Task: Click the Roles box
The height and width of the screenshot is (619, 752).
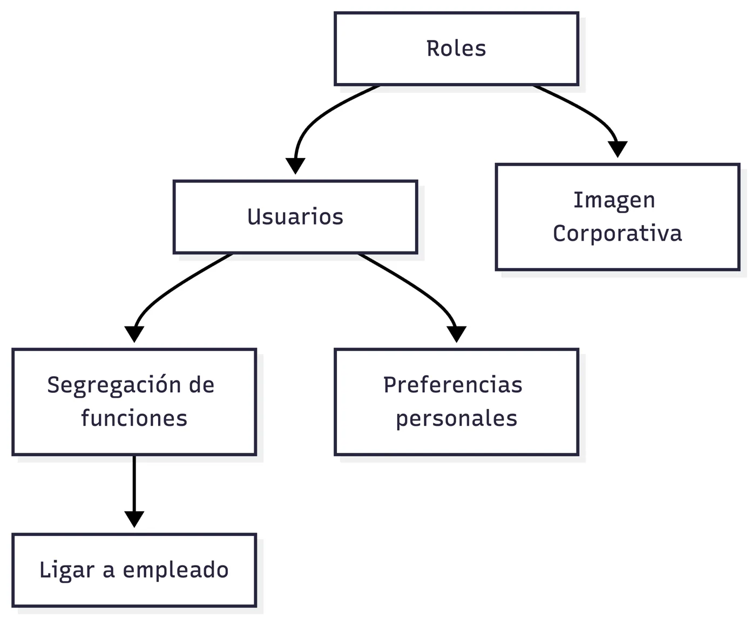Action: coord(456,49)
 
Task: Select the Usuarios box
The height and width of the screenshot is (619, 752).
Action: coord(295,217)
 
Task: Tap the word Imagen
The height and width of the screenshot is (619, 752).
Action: coord(614,200)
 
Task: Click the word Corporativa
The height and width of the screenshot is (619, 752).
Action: coord(617,233)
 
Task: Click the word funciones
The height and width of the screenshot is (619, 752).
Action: coord(134,418)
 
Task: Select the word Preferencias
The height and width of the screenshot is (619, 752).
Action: coord(453,385)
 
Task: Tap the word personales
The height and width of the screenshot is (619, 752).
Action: coord(456,419)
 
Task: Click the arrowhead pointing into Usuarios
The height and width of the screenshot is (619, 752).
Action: coord(295,166)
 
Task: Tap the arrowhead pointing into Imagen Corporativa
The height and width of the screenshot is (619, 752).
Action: coord(618,149)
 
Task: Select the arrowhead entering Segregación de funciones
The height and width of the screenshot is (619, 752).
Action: coord(134,334)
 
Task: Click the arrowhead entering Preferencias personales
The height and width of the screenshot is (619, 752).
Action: coord(456,334)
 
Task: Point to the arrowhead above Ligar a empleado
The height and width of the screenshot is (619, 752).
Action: coord(134,519)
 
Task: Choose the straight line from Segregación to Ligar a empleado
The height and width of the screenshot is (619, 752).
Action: coord(134,484)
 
